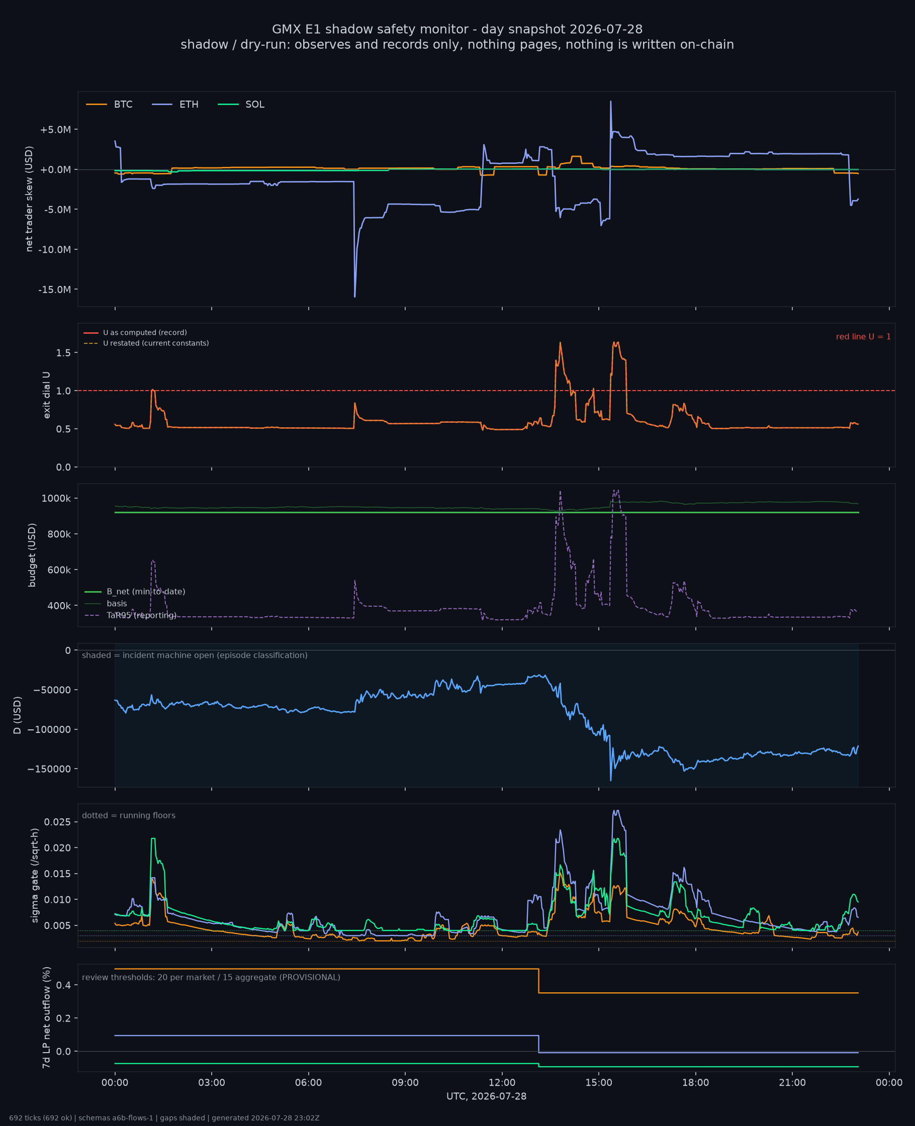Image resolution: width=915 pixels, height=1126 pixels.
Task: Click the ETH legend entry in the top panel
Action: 175,105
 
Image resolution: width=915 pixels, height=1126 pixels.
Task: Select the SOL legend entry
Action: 241,105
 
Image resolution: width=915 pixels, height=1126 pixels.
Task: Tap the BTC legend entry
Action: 109,105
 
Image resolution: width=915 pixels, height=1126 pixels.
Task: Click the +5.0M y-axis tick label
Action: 55,130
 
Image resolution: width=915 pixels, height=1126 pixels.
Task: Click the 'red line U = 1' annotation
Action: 863,337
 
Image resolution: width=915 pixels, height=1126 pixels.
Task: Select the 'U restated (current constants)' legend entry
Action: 146,343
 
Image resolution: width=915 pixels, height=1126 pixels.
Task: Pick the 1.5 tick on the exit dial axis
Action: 63,352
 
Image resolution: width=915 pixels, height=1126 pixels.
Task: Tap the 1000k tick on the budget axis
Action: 56,499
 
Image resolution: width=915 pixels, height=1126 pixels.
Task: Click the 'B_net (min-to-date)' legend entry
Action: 135,592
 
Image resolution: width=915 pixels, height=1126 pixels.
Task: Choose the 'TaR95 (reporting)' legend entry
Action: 130,615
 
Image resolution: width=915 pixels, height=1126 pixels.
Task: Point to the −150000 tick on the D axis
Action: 48,769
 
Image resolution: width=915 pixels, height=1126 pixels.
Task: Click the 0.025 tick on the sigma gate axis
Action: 57,822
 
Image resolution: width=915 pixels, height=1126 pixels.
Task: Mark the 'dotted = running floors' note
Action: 129,815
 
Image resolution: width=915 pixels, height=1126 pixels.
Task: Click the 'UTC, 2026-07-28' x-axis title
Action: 487,1096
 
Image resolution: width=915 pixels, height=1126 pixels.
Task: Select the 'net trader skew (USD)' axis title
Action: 29,199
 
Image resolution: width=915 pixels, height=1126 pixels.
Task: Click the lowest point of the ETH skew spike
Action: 355,297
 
